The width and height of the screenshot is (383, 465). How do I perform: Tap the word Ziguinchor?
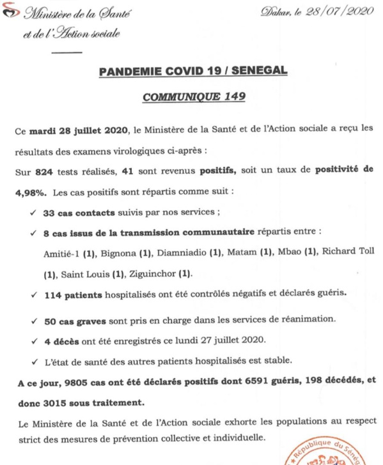click(x=152, y=274)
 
